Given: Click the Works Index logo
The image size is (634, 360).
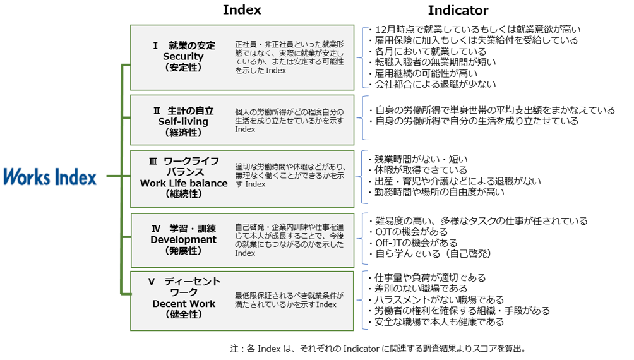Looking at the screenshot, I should (x=51, y=176).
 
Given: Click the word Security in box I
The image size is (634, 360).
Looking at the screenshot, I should (x=183, y=56).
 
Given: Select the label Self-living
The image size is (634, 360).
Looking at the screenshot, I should (x=183, y=121).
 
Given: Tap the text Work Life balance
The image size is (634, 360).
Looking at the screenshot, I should (x=184, y=183).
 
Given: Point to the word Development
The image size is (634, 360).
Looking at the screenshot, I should (x=183, y=239).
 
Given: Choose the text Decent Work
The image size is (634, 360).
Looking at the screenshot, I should (x=184, y=304).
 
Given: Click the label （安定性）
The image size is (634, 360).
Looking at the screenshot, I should (x=183, y=67).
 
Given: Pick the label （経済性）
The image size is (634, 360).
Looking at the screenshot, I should (x=183, y=132).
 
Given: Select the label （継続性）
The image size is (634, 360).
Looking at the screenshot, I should (x=183, y=194).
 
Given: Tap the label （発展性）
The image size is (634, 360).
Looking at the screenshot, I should (x=183, y=251).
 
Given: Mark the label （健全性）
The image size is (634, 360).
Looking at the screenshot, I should (x=183, y=315).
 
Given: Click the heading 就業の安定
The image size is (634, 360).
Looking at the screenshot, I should (x=192, y=45).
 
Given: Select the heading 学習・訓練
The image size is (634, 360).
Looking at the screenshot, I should (x=193, y=229).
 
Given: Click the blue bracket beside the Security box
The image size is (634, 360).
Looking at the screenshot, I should (x=363, y=57).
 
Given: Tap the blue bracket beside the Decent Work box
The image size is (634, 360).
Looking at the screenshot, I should (x=363, y=300).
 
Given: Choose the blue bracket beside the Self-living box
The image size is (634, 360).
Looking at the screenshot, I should (x=363, y=118).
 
